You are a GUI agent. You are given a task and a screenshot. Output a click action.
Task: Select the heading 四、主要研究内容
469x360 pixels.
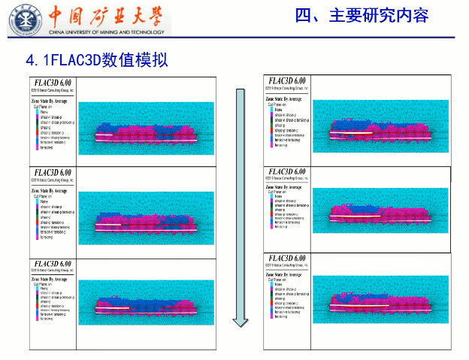pyautogui.click(x=362, y=15)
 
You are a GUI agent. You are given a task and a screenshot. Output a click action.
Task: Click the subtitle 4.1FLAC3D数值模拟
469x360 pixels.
pyautogui.click(x=96, y=59)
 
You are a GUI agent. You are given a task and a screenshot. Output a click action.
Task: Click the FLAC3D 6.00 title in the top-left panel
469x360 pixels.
pyautogui.click(x=52, y=83)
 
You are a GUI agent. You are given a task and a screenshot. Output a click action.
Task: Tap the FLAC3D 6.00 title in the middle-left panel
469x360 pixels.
pyautogui.click(x=52, y=173)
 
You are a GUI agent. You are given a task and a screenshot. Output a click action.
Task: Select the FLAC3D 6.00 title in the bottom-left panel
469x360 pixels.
pyautogui.click(x=52, y=264)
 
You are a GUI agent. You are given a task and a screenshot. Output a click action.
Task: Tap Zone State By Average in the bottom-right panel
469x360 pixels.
pyautogui.click(x=286, y=275)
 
